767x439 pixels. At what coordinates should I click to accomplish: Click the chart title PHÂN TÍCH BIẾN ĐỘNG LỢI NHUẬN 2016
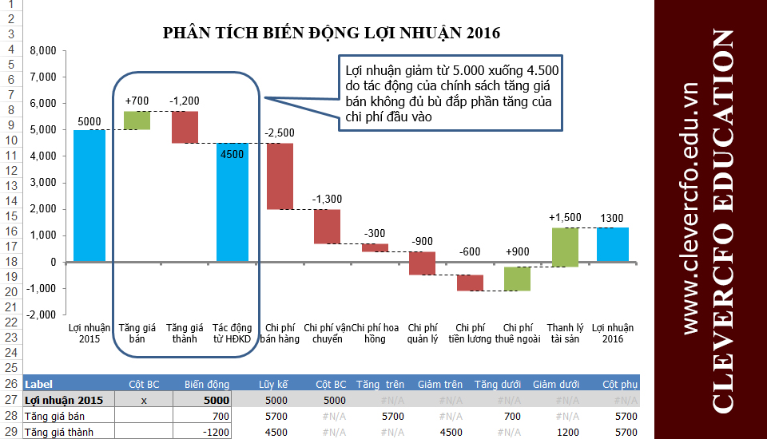331,33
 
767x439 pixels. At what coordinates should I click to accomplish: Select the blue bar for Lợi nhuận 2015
89,196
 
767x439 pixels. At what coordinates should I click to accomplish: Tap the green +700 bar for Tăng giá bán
137,120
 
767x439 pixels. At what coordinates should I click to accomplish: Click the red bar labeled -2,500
280,176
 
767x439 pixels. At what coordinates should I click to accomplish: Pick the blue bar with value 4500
232,202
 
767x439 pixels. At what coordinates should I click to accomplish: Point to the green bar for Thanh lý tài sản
565,247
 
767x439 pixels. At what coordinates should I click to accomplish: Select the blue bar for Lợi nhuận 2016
612,244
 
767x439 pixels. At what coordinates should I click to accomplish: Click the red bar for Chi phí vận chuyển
327,226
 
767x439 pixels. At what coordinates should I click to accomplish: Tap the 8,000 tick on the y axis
42,50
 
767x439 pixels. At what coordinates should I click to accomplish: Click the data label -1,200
185,101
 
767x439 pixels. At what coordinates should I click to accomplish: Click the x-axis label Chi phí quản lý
422,333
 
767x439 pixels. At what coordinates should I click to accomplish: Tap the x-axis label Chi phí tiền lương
470,333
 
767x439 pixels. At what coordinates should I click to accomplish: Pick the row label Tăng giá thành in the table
58,432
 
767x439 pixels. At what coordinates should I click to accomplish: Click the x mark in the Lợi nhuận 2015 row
144,400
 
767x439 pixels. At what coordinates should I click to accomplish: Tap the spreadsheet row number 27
10,400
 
